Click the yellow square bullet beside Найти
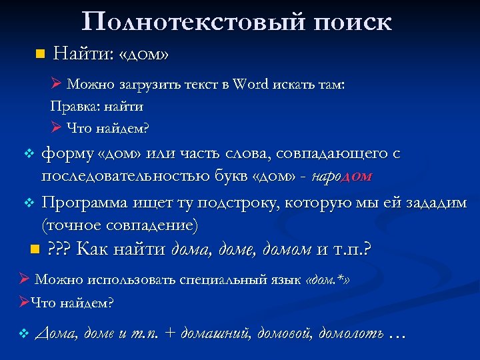pyautogui.click(x=39, y=53)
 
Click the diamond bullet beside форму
pyautogui.click(x=28, y=155)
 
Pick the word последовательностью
pyautogui.click(x=131, y=176)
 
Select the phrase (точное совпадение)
pyautogui.click(x=119, y=225)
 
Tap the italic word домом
pyautogui.click(x=287, y=250)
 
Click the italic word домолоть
pyautogui.click(x=351, y=333)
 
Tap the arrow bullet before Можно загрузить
pyautogui.click(x=57, y=85)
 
